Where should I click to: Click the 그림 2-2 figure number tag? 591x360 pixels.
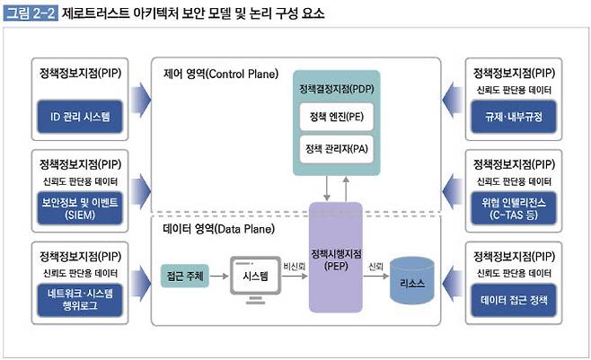pos(31,14)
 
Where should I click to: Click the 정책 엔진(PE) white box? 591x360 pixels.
pos(336,118)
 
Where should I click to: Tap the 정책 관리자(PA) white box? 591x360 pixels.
pos(336,150)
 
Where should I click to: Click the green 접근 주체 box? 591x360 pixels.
pos(184,274)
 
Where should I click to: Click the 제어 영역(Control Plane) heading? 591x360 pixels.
pos(221,74)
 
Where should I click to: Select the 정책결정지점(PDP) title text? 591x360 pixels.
pos(335,91)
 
